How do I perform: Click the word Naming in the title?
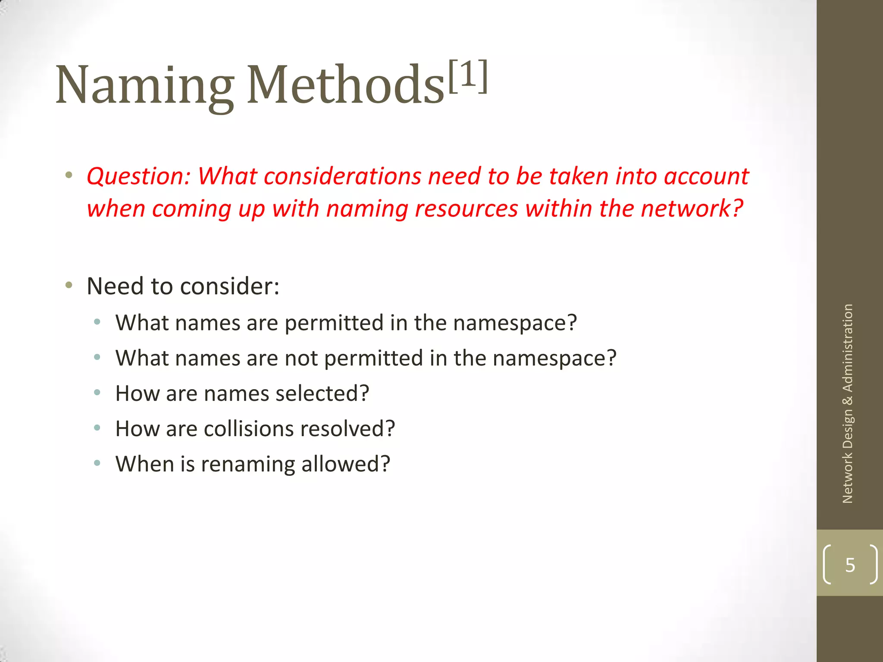pyautogui.click(x=144, y=85)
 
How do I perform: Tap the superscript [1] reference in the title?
pyautogui.click(x=468, y=76)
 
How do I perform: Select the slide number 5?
pyautogui.click(x=850, y=565)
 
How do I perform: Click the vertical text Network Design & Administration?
pyautogui.click(x=848, y=403)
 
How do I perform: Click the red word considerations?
pyautogui.click(x=342, y=176)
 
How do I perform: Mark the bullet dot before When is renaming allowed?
pyautogui.click(x=97, y=463)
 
